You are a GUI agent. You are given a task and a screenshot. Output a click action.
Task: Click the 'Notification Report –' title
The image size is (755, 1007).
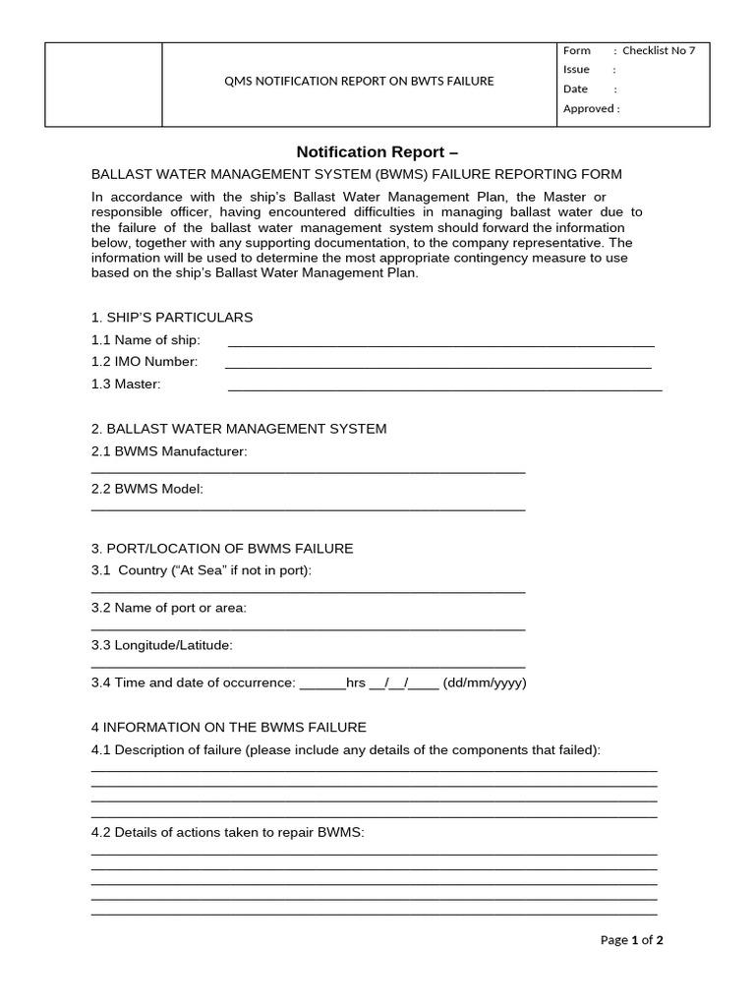click(x=377, y=152)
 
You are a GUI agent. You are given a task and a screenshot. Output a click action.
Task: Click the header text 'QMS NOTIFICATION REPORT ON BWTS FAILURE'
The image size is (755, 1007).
click(x=360, y=82)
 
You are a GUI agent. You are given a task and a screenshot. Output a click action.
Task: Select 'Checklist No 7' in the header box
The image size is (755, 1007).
click(x=659, y=51)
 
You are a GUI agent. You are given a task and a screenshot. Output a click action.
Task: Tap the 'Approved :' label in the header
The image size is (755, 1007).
click(x=591, y=109)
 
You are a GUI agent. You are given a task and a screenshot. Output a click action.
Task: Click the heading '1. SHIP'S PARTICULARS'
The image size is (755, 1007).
click(x=172, y=318)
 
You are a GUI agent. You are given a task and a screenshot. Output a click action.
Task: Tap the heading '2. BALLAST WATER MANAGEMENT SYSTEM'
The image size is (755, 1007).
click(x=239, y=429)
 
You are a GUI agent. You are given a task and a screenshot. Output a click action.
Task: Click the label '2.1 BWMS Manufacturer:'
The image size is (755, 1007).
click(x=169, y=451)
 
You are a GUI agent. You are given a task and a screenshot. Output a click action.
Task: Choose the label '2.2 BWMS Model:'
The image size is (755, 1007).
click(x=147, y=489)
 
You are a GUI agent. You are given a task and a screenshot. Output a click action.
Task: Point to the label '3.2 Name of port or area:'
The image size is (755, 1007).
click(x=169, y=608)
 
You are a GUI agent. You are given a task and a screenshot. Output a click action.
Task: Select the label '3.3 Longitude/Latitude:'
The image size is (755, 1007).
click(x=162, y=645)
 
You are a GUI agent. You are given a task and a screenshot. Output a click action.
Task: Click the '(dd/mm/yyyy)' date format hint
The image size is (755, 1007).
click(x=485, y=682)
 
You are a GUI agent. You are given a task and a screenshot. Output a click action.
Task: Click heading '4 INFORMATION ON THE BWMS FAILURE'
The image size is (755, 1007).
click(x=228, y=727)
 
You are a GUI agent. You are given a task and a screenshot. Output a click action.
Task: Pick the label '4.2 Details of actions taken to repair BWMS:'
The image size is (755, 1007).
click(x=228, y=832)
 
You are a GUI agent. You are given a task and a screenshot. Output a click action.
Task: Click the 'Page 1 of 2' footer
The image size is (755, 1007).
click(x=632, y=940)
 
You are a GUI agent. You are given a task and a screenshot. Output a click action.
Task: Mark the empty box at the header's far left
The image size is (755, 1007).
click(x=104, y=85)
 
